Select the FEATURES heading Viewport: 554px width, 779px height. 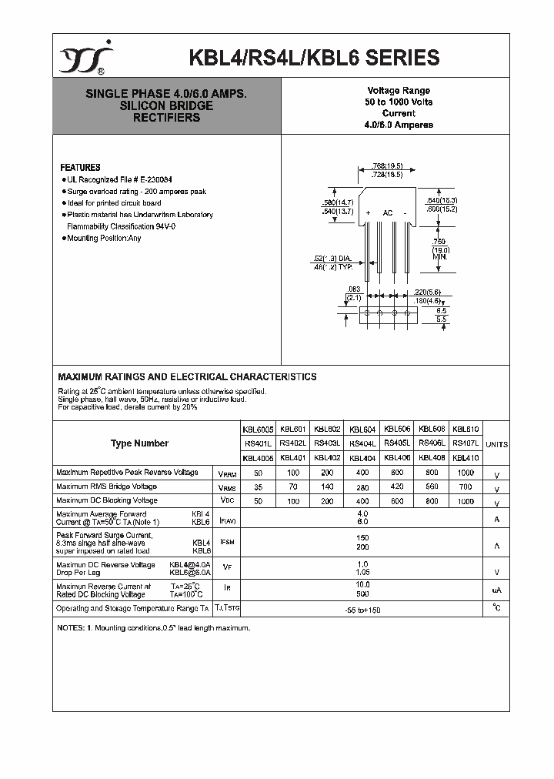pyautogui.click(x=80, y=167)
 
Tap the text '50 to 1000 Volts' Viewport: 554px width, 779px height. pyautogui.click(x=399, y=102)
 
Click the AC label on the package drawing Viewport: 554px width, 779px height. pyautogui.click(x=388, y=212)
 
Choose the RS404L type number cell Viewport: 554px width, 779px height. pyautogui.click(x=362, y=443)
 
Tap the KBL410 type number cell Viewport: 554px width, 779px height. pyautogui.click(x=466, y=458)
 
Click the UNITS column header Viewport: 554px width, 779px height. pyautogui.click(x=497, y=444)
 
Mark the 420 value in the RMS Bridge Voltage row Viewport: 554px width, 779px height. pyautogui.click(x=397, y=486)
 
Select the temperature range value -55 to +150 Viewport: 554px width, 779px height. pyautogui.click(x=362, y=610)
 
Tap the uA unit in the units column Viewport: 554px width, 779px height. pyautogui.click(x=497, y=590)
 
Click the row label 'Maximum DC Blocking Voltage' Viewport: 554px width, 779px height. pyautogui.click(x=107, y=500)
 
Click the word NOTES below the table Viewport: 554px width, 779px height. pyautogui.click(x=71, y=629)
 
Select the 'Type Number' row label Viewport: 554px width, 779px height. pyautogui.click(x=139, y=443)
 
